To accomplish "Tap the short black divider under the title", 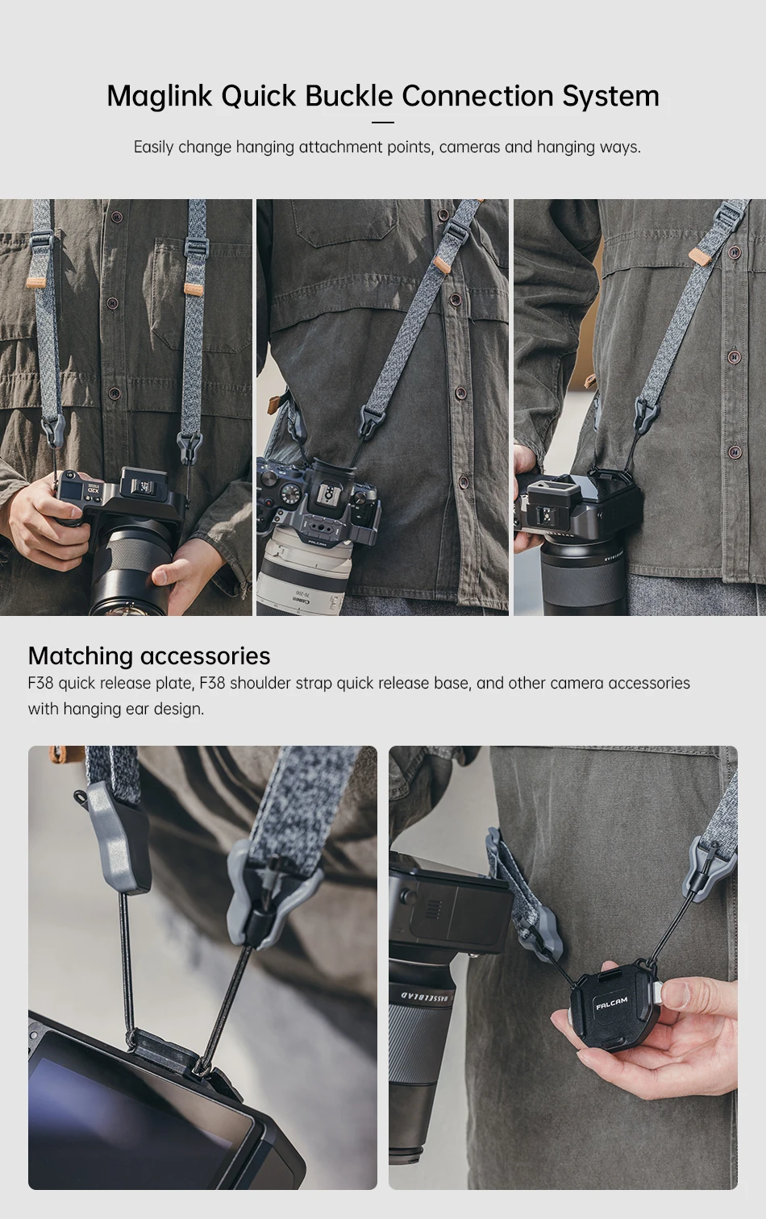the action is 383,123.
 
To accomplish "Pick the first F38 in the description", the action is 41,683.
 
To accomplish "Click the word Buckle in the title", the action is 348,96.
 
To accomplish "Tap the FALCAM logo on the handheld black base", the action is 611,1003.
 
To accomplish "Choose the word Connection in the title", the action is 477,96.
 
